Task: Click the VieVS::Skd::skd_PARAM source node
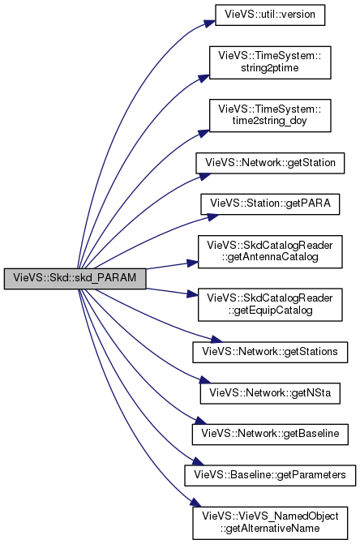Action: point(75,278)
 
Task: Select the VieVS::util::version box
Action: point(270,15)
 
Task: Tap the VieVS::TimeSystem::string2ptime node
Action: point(270,62)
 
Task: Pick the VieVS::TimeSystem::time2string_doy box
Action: point(270,116)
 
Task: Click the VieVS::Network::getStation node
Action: point(270,163)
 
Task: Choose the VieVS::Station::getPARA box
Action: point(270,204)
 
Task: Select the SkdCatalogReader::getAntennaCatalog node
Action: point(270,251)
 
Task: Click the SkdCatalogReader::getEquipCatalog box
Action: point(270,305)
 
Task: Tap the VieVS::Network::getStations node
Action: point(270,352)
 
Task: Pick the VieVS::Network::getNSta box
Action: point(270,393)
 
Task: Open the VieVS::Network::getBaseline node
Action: point(270,434)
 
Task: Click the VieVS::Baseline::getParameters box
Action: point(270,475)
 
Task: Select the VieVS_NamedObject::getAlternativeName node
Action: point(270,523)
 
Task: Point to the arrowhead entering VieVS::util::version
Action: point(210,24)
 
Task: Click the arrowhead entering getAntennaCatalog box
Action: point(193,263)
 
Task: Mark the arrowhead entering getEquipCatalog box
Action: point(193,294)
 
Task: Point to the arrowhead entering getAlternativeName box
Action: point(196,503)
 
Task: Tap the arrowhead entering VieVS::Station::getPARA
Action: point(213,216)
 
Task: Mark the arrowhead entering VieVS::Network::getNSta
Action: point(205,380)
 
